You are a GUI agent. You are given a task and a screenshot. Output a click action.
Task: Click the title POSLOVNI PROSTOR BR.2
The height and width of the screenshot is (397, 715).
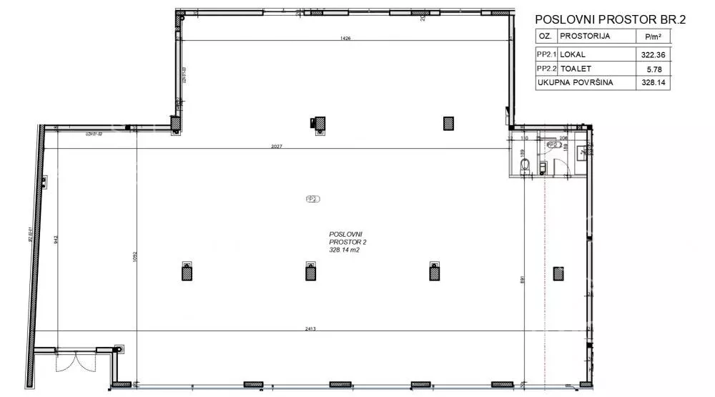[609, 19]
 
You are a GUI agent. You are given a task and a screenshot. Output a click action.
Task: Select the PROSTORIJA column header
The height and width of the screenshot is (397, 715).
[585, 36]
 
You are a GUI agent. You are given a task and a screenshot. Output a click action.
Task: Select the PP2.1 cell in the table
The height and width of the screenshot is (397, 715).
[546, 54]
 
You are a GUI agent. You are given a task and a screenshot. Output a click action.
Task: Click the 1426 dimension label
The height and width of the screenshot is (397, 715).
[346, 39]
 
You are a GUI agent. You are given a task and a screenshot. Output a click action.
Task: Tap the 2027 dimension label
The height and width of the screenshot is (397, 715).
[276, 147]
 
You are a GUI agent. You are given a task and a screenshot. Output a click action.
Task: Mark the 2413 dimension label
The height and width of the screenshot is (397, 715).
[310, 329]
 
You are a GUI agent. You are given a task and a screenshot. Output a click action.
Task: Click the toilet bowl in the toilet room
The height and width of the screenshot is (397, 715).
[526, 166]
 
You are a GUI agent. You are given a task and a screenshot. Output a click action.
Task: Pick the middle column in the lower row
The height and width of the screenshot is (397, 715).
[312, 271]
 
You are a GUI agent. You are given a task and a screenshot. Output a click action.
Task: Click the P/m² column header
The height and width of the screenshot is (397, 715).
[651, 36]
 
